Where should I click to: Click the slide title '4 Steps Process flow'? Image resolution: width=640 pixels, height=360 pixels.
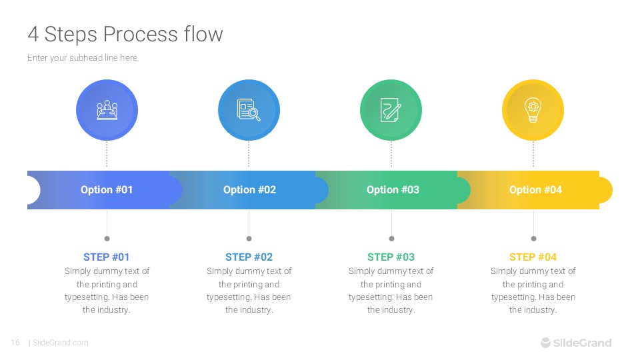point(125,34)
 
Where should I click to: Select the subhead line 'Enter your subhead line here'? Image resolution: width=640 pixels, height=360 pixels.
point(82,58)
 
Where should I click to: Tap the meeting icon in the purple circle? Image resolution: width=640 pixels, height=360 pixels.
point(107,110)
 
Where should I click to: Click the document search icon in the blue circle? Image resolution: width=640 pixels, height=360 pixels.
point(249,110)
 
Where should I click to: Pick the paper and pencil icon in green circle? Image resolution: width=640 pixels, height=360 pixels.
point(391,110)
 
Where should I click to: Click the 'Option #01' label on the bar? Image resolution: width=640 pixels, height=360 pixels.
point(107,190)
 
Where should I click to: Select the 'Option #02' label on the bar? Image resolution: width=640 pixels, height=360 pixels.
point(249,190)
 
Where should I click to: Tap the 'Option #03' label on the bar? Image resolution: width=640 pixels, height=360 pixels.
point(393,190)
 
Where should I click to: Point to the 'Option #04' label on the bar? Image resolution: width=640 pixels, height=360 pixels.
point(535,190)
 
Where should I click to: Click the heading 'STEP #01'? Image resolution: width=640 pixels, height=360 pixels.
point(107,257)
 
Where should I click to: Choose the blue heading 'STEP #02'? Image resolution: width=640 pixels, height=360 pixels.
point(249,257)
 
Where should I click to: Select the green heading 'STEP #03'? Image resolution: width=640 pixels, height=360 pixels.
point(391,257)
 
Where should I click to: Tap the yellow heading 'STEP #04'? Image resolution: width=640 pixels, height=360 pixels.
point(533,257)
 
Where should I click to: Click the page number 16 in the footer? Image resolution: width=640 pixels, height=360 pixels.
point(15,343)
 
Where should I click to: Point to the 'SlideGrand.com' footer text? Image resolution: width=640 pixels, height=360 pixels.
point(60,343)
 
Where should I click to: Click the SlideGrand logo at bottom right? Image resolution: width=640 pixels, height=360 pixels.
point(575,343)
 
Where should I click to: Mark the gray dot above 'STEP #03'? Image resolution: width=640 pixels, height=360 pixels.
point(391,238)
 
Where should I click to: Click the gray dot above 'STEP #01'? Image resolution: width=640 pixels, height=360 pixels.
point(107,238)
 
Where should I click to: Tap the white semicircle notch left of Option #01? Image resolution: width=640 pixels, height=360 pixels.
point(33,190)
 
